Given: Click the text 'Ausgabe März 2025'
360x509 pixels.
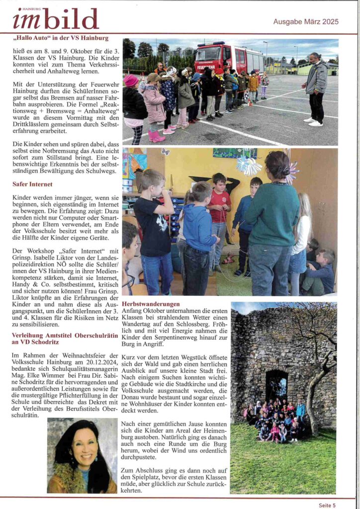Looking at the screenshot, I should coord(305,21).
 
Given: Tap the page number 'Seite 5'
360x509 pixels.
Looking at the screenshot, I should coord(327,505).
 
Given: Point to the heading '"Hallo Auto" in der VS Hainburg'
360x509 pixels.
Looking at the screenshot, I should coord(61,38).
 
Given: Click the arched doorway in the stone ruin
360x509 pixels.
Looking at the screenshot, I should coord(276,385).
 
